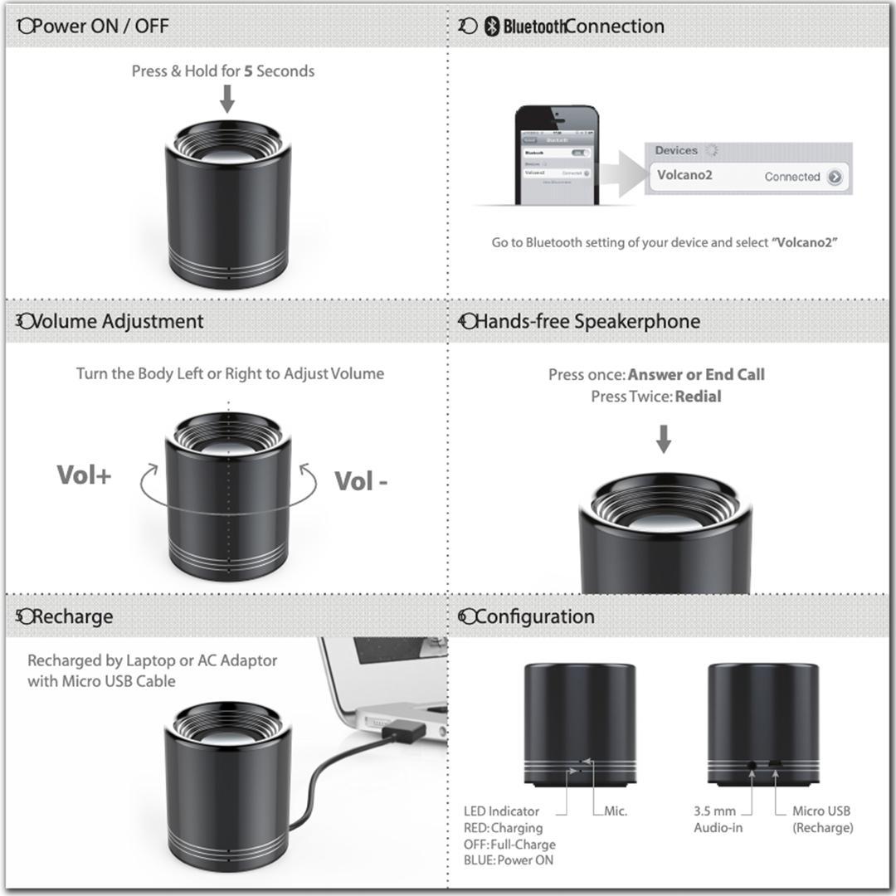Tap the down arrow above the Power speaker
click(x=226, y=100)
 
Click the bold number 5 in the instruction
click(x=248, y=71)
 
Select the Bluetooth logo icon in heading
click(x=492, y=27)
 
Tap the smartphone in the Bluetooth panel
click(x=556, y=154)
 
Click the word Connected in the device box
click(x=792, y=177)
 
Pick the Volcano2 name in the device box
click(x=684, y=175)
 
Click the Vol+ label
click(x=84, y=475)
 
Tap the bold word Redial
click(x=698, y=397)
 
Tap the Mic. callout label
click(x=615, y=811)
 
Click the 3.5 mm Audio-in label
click(x=718, y=819)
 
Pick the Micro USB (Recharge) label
click(x=821, y=819)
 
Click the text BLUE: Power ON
click(x=509, y=860)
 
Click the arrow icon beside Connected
click(x=835, y=177)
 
